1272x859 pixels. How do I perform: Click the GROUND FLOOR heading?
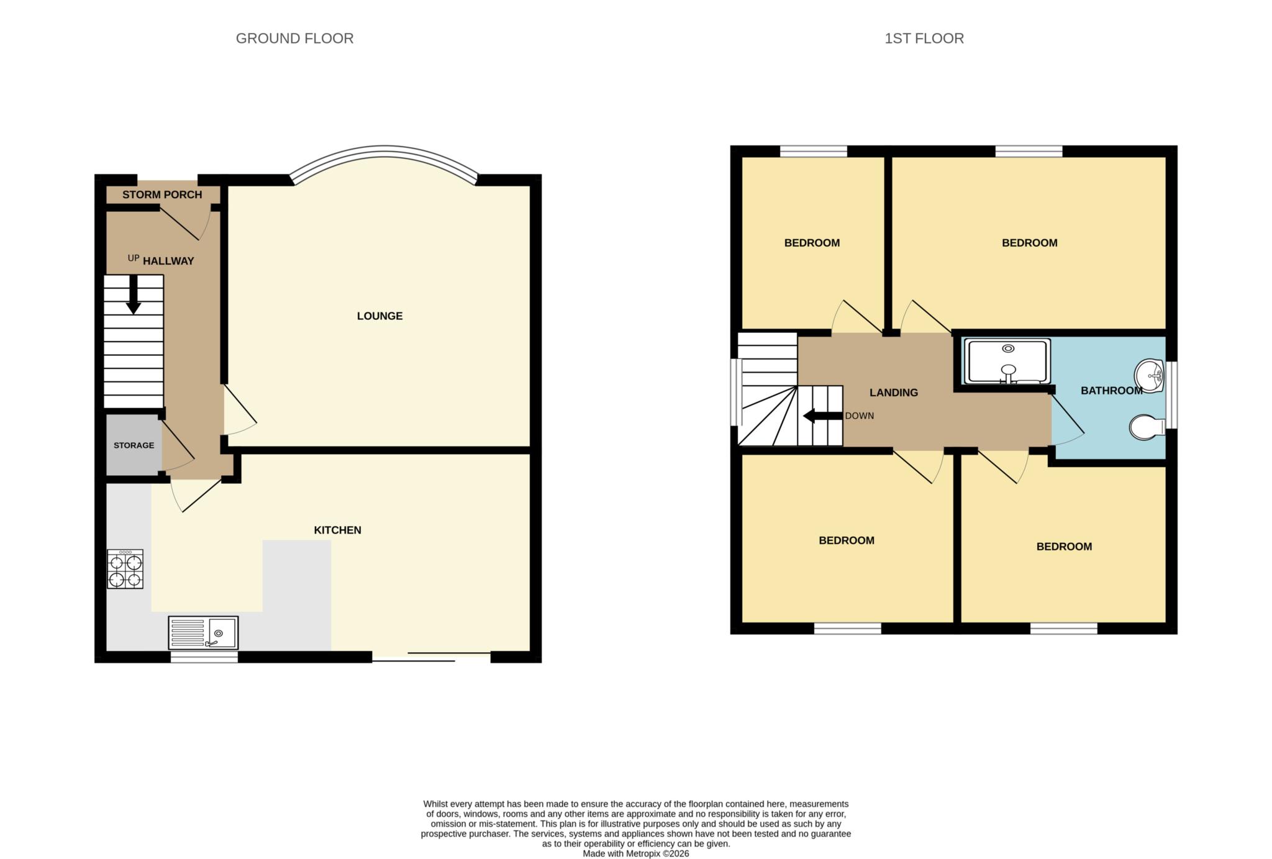pos(294,39)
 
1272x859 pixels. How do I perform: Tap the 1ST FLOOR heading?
pos(924,39)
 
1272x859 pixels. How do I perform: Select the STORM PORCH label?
pos(162,194)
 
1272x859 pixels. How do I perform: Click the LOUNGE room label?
pos(379,316)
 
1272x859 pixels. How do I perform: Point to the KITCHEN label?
pos(337,530)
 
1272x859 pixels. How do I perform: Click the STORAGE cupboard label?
pos(134,445)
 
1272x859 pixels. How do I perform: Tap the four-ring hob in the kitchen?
pos(125,569)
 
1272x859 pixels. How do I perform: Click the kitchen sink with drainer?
pos(203,633)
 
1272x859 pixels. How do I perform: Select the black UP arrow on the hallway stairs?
pos(133,294)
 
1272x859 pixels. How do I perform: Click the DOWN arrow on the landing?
pos(823,416)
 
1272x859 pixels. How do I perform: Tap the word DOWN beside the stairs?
pos(860,416)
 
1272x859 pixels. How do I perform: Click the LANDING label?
pos(894,393)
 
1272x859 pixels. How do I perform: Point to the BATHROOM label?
pos(1112,391)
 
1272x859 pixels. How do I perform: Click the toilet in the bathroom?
pos(1147,427)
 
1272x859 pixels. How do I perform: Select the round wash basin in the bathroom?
pos(1149,376)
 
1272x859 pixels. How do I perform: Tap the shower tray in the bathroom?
pos(1007,361)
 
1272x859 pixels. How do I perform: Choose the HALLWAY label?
pos(168,261)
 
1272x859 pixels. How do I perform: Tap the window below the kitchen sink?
pos(204,657)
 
